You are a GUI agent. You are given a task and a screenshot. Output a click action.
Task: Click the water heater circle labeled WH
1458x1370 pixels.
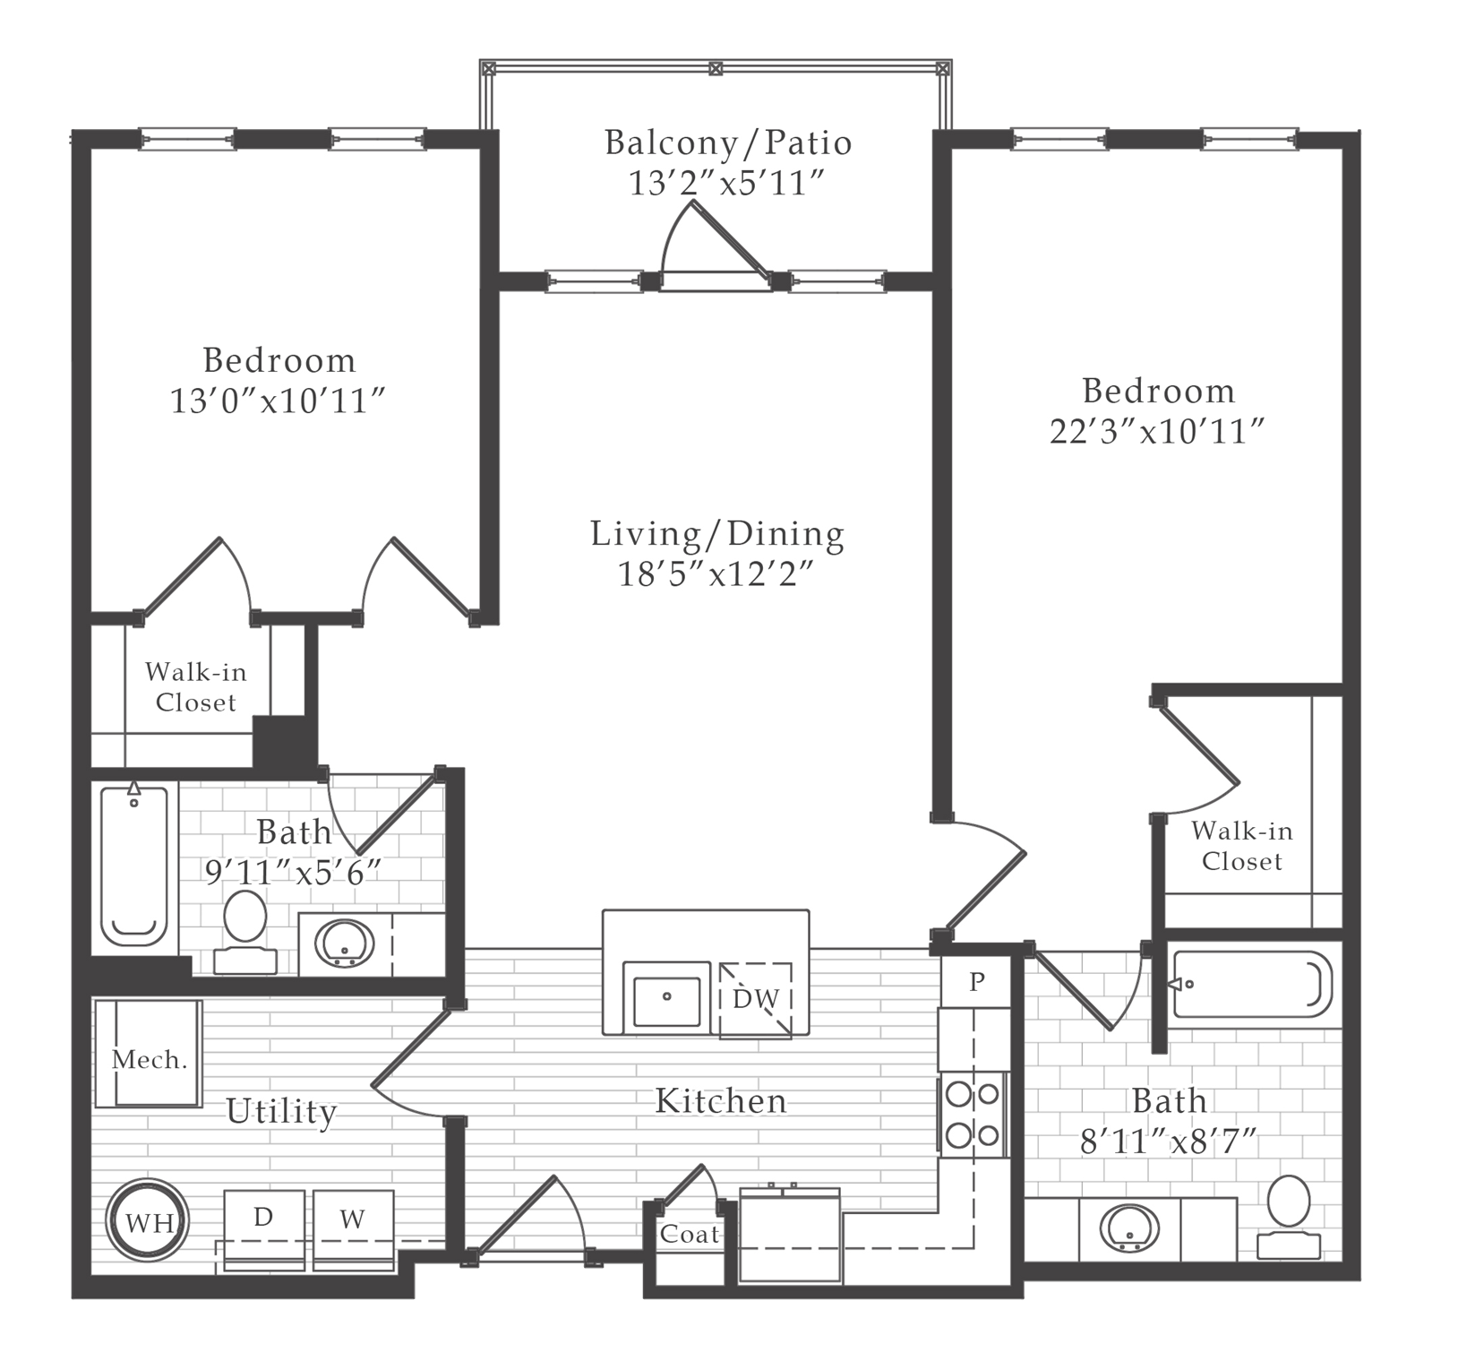pyautogui.click(x=147, y=1221)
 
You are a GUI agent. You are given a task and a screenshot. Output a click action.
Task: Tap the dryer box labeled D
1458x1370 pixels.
pyautogui.click(x=263, y=1219)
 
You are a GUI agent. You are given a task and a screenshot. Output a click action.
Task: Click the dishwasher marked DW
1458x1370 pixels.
pyautogui.click(x=756, y=999)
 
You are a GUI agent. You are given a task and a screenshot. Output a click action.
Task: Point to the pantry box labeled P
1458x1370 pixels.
pyautogui.click(x=976, y=982)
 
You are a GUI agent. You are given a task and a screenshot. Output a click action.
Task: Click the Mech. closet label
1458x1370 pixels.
pyautogui.click(x=150, y=1060)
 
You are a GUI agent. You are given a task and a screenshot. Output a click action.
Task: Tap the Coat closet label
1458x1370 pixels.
pyautogui.click(x=690, y=1234)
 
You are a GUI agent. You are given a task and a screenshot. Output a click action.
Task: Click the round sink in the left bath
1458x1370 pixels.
pyautogui.click(x=345, y=943)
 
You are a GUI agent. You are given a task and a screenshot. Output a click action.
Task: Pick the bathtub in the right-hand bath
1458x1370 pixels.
pyautogui.click(x=1252, y=985)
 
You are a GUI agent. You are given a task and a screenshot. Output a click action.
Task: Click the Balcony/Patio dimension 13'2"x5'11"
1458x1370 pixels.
pyautogui.click(x=725, y=183)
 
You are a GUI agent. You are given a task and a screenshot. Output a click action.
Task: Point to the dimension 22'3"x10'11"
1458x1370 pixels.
pyautogui.click(x=1157, y=432)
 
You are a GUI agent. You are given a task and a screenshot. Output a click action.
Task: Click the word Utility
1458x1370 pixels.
pyautogui.click(x=281, y=1112)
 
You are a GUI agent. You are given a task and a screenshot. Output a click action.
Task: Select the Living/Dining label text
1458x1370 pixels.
pyautogui.click(x=716, y=534)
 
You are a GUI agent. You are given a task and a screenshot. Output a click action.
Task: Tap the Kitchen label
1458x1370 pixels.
pyautogui.click(x=721, y=1101)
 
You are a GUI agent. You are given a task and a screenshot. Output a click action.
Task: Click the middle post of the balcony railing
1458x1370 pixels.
pyautogui.click(x=715, y=68)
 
